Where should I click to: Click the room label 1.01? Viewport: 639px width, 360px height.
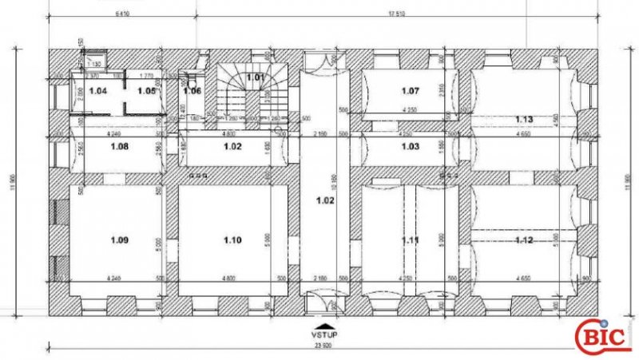(x=255, y=77)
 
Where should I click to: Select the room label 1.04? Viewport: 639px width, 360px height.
(x=97, y=91)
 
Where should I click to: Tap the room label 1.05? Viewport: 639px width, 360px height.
(x=145, y=91)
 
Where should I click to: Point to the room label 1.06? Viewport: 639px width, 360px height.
(x=192, y=91)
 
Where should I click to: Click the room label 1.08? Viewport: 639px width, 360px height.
(x=120, y=147)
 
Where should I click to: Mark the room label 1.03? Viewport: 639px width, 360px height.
(x=410, y=147)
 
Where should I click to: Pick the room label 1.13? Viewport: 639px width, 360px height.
(x=524, y=120)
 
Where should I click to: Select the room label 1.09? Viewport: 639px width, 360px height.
(x=120, y=239)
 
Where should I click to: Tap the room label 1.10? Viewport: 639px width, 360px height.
(x=232, y=239)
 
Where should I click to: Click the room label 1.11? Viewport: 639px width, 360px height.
(x=410, y=239)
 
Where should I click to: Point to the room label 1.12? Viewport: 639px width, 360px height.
(x=524, y=239)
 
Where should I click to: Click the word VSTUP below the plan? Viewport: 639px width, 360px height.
(x=323, y=335)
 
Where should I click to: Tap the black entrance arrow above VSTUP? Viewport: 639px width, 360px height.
(x=323, y=326)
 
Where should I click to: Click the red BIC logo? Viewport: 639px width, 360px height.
(x=605, y=336)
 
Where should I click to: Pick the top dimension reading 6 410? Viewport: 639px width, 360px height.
(x=124, y=13)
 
